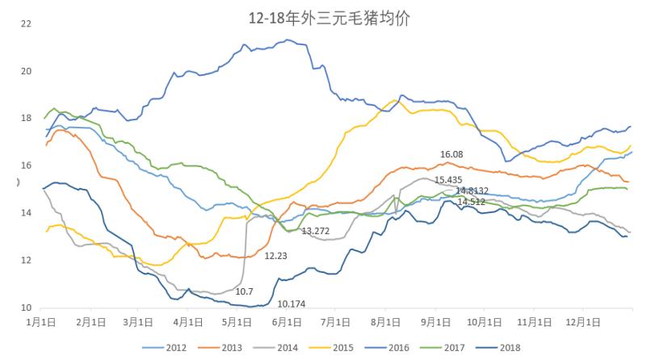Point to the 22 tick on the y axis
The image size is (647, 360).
tap(27, 23)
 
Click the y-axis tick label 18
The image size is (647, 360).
tap(27, 119)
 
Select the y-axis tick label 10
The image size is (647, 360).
tap(27, 308)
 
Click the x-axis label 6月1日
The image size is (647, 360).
tap(287, 321)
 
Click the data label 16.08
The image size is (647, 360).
tap(452, 154)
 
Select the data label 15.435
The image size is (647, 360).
tap(447, 180)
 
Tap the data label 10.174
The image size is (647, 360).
tap(292, 303)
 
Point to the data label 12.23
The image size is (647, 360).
tap(275, 255)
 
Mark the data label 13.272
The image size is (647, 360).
tap(315, 231)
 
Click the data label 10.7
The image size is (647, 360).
tap(245, 291)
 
